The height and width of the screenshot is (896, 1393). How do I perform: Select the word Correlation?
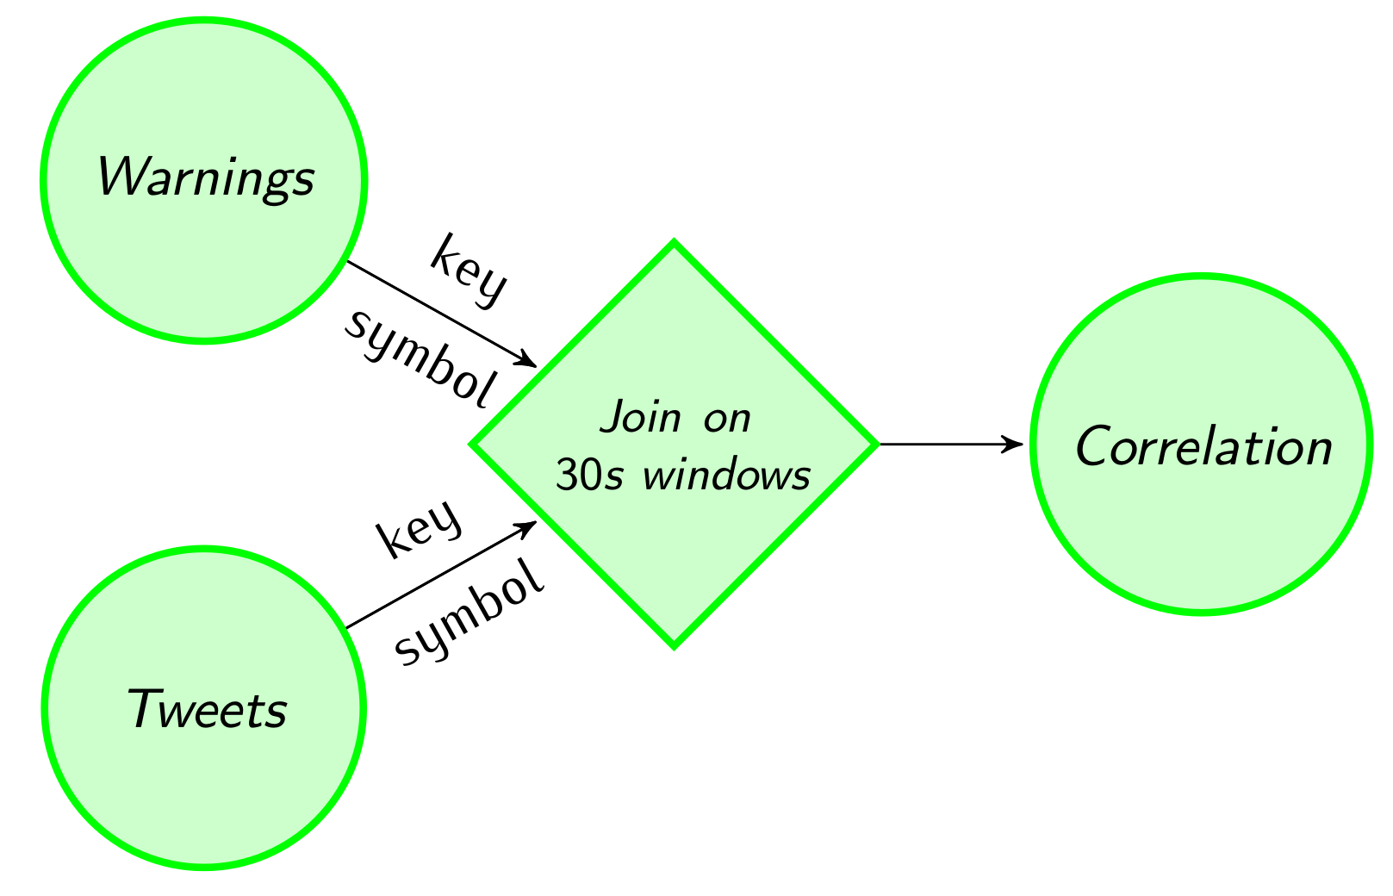point(1203,447)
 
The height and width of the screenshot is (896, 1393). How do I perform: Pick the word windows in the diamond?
point(726,475)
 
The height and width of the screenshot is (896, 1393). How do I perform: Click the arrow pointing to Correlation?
point(948,445)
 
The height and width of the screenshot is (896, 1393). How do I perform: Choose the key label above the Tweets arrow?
point(420,527)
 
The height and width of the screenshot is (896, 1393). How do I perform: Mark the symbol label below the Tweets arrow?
point(470,614)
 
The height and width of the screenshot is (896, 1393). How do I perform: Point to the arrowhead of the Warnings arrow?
point(527,360)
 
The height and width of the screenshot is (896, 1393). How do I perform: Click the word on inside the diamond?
point(726,419)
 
